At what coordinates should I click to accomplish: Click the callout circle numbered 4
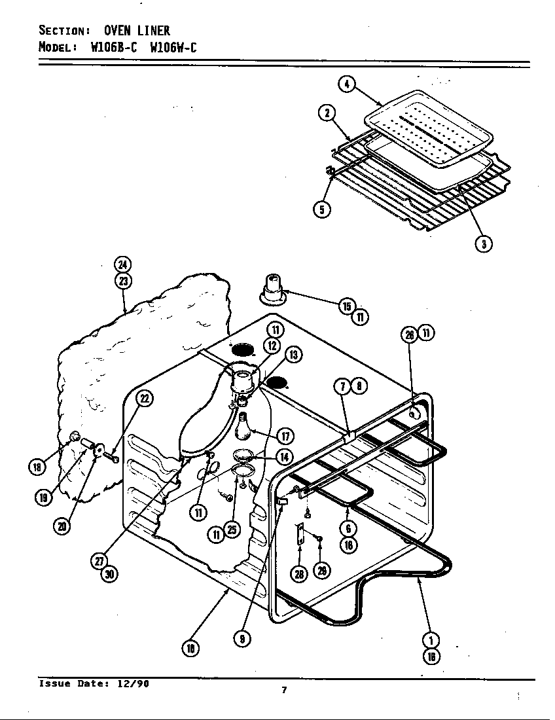(347, 84)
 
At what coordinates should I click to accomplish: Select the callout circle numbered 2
(327, 113)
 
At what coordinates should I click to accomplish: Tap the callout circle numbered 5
(321, 209)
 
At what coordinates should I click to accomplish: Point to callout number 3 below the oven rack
(484, 243)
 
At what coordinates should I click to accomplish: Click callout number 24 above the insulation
(122, 264)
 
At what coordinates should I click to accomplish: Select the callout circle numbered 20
(63, 525)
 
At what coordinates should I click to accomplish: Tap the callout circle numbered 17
(285, 436)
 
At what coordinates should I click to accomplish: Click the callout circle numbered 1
(432, 639)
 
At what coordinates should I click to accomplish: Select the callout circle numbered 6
(349, 529)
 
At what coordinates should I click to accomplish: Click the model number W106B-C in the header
(113, 47)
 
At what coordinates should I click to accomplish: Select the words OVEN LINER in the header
(137, 30)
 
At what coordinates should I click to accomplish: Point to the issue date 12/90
(134, 683)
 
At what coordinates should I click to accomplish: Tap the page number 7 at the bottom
(284, 689)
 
